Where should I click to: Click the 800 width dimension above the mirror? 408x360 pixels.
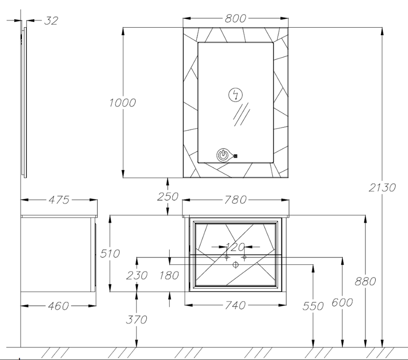235,18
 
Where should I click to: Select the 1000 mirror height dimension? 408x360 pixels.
122,103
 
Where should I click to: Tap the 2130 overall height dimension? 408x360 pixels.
382,187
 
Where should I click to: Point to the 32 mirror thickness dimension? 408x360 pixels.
51,21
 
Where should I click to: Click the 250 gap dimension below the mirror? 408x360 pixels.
167,197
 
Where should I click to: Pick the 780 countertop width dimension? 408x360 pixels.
235,200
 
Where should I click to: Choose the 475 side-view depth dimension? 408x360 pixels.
59,200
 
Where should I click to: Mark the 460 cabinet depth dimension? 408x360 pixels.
58,306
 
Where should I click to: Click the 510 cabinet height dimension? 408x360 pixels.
110,253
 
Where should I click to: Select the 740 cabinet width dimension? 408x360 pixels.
235,305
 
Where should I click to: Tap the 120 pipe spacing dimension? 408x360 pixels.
235,247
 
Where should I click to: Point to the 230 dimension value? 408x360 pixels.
137,275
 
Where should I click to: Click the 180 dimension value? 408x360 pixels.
169,275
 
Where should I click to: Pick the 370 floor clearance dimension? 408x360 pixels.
136,319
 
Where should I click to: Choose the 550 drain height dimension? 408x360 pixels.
313,306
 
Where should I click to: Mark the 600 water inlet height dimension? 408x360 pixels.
342,302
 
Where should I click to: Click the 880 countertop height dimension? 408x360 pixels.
365,281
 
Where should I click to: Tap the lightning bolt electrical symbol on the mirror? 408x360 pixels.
235,95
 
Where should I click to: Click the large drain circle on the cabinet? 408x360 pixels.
235,265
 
